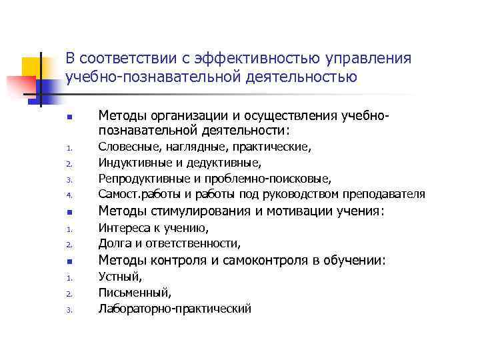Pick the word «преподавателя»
383,194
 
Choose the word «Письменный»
134,293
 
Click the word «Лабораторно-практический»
175,309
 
